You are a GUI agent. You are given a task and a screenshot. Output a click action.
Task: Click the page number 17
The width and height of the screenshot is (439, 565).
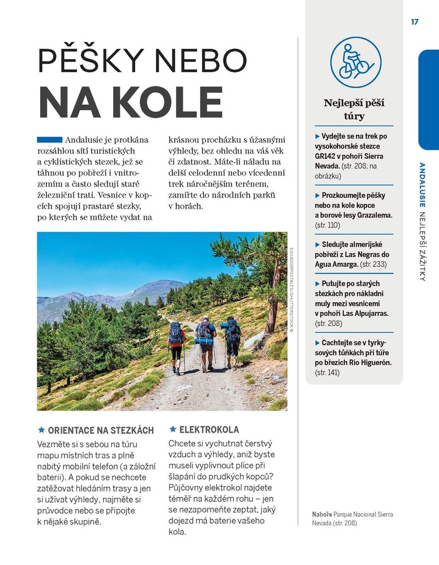click(415, 22)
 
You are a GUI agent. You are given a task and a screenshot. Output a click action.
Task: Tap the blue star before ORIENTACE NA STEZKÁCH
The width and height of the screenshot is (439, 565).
click(41, 430)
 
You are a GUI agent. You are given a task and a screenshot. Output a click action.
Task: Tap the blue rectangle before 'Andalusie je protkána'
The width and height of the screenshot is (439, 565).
click(49, 140)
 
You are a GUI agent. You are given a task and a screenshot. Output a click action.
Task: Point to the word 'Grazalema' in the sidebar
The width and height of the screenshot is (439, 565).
click(373, 215)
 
